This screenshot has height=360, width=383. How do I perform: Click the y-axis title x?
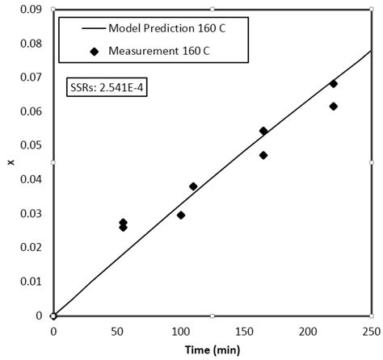(x=11, y=162)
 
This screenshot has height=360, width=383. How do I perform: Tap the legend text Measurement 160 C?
(x=154, y=52)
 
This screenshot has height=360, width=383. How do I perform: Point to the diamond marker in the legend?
(x=95, y=52)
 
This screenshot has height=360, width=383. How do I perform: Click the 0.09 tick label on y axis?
(x=32, y=10)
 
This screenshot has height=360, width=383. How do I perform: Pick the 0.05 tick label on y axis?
(x=32, y=145)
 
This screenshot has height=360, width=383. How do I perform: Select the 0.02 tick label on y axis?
(x=32, y=247)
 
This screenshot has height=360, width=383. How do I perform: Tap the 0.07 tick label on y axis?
(x=32, y=77)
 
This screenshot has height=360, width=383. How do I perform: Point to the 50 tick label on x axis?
(x=117, y=331)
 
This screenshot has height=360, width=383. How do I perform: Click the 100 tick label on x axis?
(x=180, y=331)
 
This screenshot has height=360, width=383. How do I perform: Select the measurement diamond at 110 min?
(x=193, y=186)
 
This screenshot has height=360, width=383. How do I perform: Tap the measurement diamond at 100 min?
(x=181, y=216)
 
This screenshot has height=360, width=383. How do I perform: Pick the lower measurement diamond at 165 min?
(x=263, y=155)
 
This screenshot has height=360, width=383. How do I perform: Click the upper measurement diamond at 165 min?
(x=263, y=131)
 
